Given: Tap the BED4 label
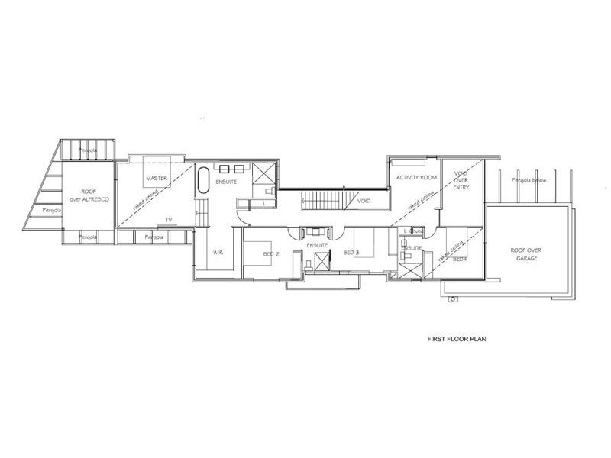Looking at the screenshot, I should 459,260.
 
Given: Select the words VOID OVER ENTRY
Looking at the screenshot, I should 461,180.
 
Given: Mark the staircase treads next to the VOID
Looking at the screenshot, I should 327,201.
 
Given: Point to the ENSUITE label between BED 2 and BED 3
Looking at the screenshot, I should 315,245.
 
